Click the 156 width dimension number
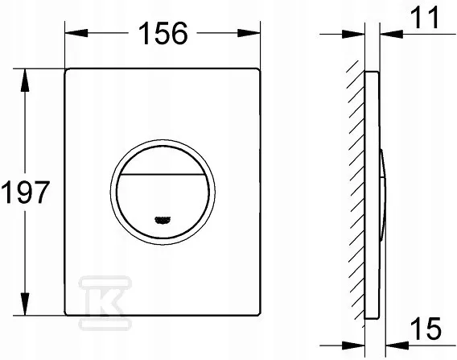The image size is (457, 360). tap(163, 33)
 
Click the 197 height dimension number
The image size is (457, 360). tap(26, 192)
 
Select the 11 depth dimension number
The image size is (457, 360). tap(426, 17)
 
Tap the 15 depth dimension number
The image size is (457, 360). tap(426, 329)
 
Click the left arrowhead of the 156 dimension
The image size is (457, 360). tap(76, 33)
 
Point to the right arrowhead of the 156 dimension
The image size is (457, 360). tap(249, 33)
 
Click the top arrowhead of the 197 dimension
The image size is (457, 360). tap(25, 81)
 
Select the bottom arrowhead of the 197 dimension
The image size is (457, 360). tap(25, 304)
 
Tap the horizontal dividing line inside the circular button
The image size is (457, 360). tap(163, 175)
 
